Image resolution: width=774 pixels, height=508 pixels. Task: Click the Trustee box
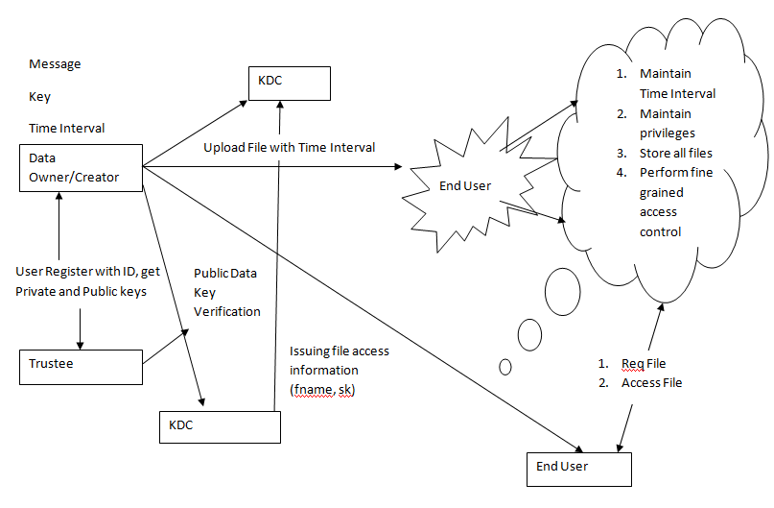pos(80,365)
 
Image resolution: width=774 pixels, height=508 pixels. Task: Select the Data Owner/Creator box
pos(82,166)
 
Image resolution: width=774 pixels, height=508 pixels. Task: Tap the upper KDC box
pos(288,84)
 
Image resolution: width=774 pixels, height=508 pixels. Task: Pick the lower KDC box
pos(219,425)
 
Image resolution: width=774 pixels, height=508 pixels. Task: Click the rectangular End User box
pos(579,468)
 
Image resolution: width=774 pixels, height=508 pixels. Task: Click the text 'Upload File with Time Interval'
pos(289,147)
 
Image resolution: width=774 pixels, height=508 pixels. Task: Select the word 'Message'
pos(55,64)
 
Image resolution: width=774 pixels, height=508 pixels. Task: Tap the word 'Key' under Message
pos(39,97)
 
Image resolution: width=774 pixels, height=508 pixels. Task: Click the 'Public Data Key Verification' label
pos(226,292)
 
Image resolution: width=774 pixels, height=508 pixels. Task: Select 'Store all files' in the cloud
pos(676,153)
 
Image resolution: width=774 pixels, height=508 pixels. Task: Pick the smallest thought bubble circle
pos(505,366)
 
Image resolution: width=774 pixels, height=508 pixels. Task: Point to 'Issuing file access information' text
pos(340,360)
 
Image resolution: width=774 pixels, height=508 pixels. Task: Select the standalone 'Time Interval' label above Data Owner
pos(67,128)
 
